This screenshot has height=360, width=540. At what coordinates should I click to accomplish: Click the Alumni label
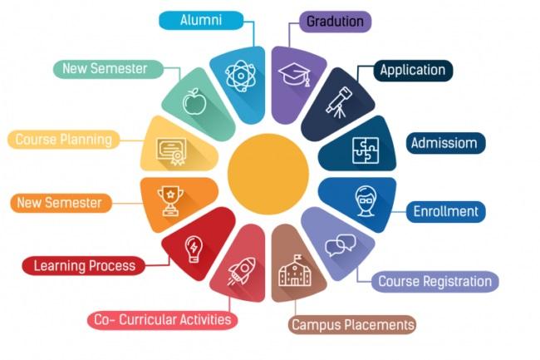(x=201, y=20)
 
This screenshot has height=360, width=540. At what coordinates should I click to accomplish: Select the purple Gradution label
(x=335, y=22)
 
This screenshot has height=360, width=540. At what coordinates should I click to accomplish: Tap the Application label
(x=413, y=71)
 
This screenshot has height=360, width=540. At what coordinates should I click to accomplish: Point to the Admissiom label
(x=445, y=143)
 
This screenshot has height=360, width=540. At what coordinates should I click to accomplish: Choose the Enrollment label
(x=445, y=211)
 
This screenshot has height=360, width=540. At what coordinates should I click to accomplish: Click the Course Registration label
(x=435, y=282)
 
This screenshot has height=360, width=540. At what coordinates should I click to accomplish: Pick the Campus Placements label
(x=352, y=324)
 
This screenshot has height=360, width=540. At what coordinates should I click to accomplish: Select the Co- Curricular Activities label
(x=163, y=320)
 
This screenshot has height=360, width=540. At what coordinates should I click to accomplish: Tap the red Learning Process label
(x=84, y=265)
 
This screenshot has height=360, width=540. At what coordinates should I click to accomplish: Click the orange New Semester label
(x=61, y=203)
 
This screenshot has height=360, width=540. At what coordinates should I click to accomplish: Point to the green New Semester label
(x=108, y=68)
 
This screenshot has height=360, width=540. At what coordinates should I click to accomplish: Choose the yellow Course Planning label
(x=64, y=140)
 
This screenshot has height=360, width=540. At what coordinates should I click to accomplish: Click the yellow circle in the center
(x=268, y=174)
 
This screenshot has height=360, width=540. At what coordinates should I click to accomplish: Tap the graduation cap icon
(x=295, y=75)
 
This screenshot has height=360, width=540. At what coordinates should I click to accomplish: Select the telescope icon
(x=339, y=102)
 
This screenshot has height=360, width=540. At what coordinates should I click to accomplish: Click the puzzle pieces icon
(x=366, y=150)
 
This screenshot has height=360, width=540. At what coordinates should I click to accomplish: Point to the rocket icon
(x=242, y=272)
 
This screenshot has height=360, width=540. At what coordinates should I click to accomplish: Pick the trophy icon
(x=170, y=201)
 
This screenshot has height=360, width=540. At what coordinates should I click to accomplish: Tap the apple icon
(x=194, y=101)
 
